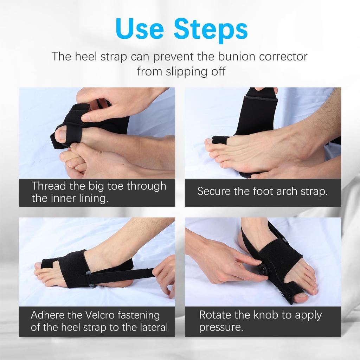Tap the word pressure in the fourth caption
tap(221, 327)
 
